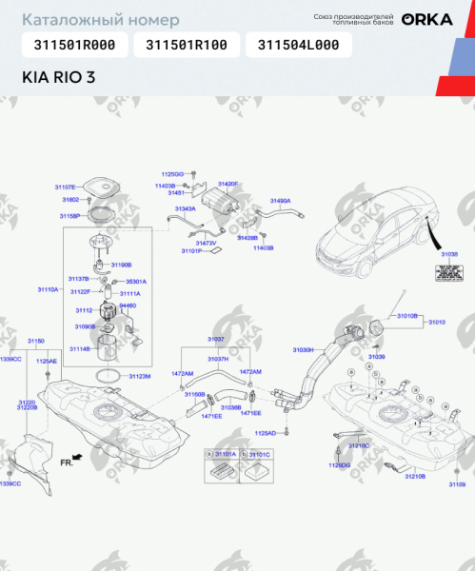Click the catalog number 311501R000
(x=74, y=45)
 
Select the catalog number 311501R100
(x=187, y=45)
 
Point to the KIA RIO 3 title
(x=58, y=78)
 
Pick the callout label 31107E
(x=65, y=187)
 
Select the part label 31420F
(x=228, y=183)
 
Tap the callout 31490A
(x=280, y=201)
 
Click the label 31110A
(x=49, y=288)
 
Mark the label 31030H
(x=302, y=350)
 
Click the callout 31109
(x=457, y=484)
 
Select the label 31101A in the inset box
(x=225, y=455)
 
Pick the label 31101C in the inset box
(x=260, y=455)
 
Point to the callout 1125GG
(x=171, y=174)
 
